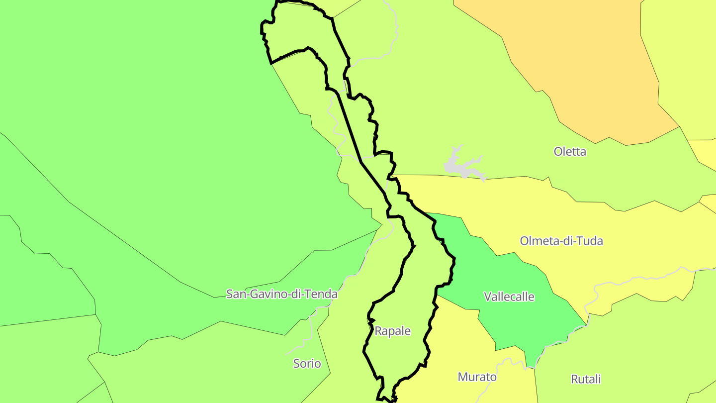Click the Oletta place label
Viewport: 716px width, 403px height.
(x=570, y=152)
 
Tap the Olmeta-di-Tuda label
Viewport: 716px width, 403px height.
(x=561, y=241)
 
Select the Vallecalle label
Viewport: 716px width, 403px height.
(x=509, y=297)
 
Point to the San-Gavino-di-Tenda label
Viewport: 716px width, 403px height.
(x=282, y=294)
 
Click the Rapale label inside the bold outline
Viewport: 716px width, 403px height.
(x=393, y=331)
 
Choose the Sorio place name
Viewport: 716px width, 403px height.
(x=307, y=364)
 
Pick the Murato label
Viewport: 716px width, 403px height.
(x=477, y=377)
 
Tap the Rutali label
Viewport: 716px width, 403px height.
(x=586, y=379)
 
